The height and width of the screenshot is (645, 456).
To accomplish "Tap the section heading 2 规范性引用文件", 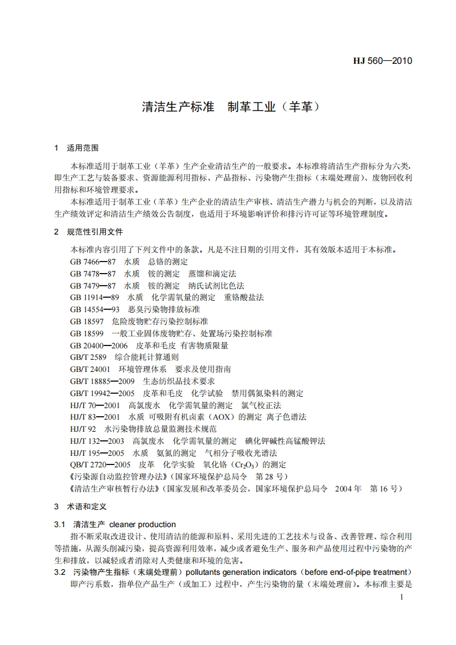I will tap(87, 232).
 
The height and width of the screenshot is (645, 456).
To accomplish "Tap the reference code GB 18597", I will tap(87, 321).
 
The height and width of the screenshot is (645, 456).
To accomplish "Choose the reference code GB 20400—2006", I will tap(98, 345).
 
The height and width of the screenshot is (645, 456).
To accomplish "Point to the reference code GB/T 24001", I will tap(90, 369).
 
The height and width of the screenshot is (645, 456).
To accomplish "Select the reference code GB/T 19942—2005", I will tap(102, 393).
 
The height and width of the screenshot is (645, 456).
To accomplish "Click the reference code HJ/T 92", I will tap(82, 429).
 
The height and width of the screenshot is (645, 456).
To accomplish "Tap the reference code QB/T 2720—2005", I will tap(100, 464).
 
